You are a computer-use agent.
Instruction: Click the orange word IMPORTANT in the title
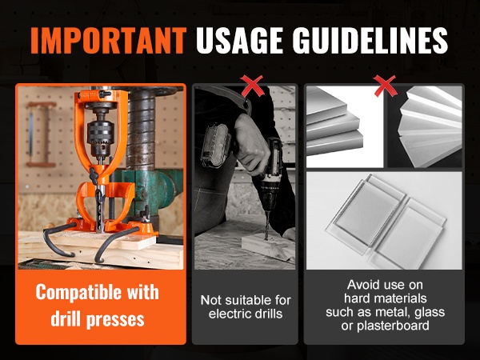tap(108, 41)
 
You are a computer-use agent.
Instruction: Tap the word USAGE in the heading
tap(239, 41)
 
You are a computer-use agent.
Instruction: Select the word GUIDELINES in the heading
tap(370, 41)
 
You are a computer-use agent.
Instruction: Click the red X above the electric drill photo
tap(252, 86)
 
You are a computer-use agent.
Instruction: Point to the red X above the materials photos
tap(385, 86)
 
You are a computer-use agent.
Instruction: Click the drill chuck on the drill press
tap(100, 137)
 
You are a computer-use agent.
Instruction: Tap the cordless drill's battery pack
tap(215, 146)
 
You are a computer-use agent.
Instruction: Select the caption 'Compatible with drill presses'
tap(98, 306)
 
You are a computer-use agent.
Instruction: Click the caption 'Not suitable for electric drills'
tap(246, 307)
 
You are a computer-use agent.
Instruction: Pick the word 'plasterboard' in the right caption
tap(393, 326)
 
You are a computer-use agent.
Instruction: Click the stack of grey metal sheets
tap(334, 126)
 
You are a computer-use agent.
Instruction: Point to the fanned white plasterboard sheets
tap(430, 126)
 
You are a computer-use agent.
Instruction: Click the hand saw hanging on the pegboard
tap(40, 134)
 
